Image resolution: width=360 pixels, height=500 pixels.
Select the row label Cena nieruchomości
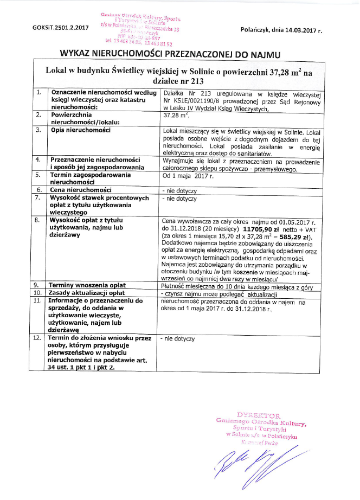[81, 190]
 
